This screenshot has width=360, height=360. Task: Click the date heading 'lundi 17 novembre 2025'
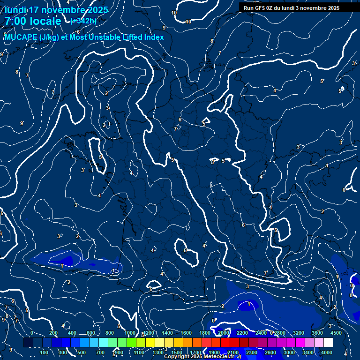pos(57,10)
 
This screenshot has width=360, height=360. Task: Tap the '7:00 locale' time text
pos(33,21)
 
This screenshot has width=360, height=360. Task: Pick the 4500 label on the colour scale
pos(336,333)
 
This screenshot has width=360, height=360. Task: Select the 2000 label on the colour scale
pos(224,333)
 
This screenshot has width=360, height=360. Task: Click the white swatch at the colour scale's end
pos(341,343)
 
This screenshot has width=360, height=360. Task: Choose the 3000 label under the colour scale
pos(289,352)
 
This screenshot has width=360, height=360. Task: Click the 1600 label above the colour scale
pos(186,333)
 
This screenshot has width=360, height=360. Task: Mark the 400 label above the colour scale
pos(72,333)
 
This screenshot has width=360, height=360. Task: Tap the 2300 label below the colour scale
pos(252,352)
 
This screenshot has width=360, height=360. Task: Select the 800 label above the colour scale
pos(110,333)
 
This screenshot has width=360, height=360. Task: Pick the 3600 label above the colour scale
pos(317,333)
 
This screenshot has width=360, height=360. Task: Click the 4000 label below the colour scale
pos(327,352)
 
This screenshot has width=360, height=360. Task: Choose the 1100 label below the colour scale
pos(139,352)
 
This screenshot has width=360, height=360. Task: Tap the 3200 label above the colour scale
pos(299,333)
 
